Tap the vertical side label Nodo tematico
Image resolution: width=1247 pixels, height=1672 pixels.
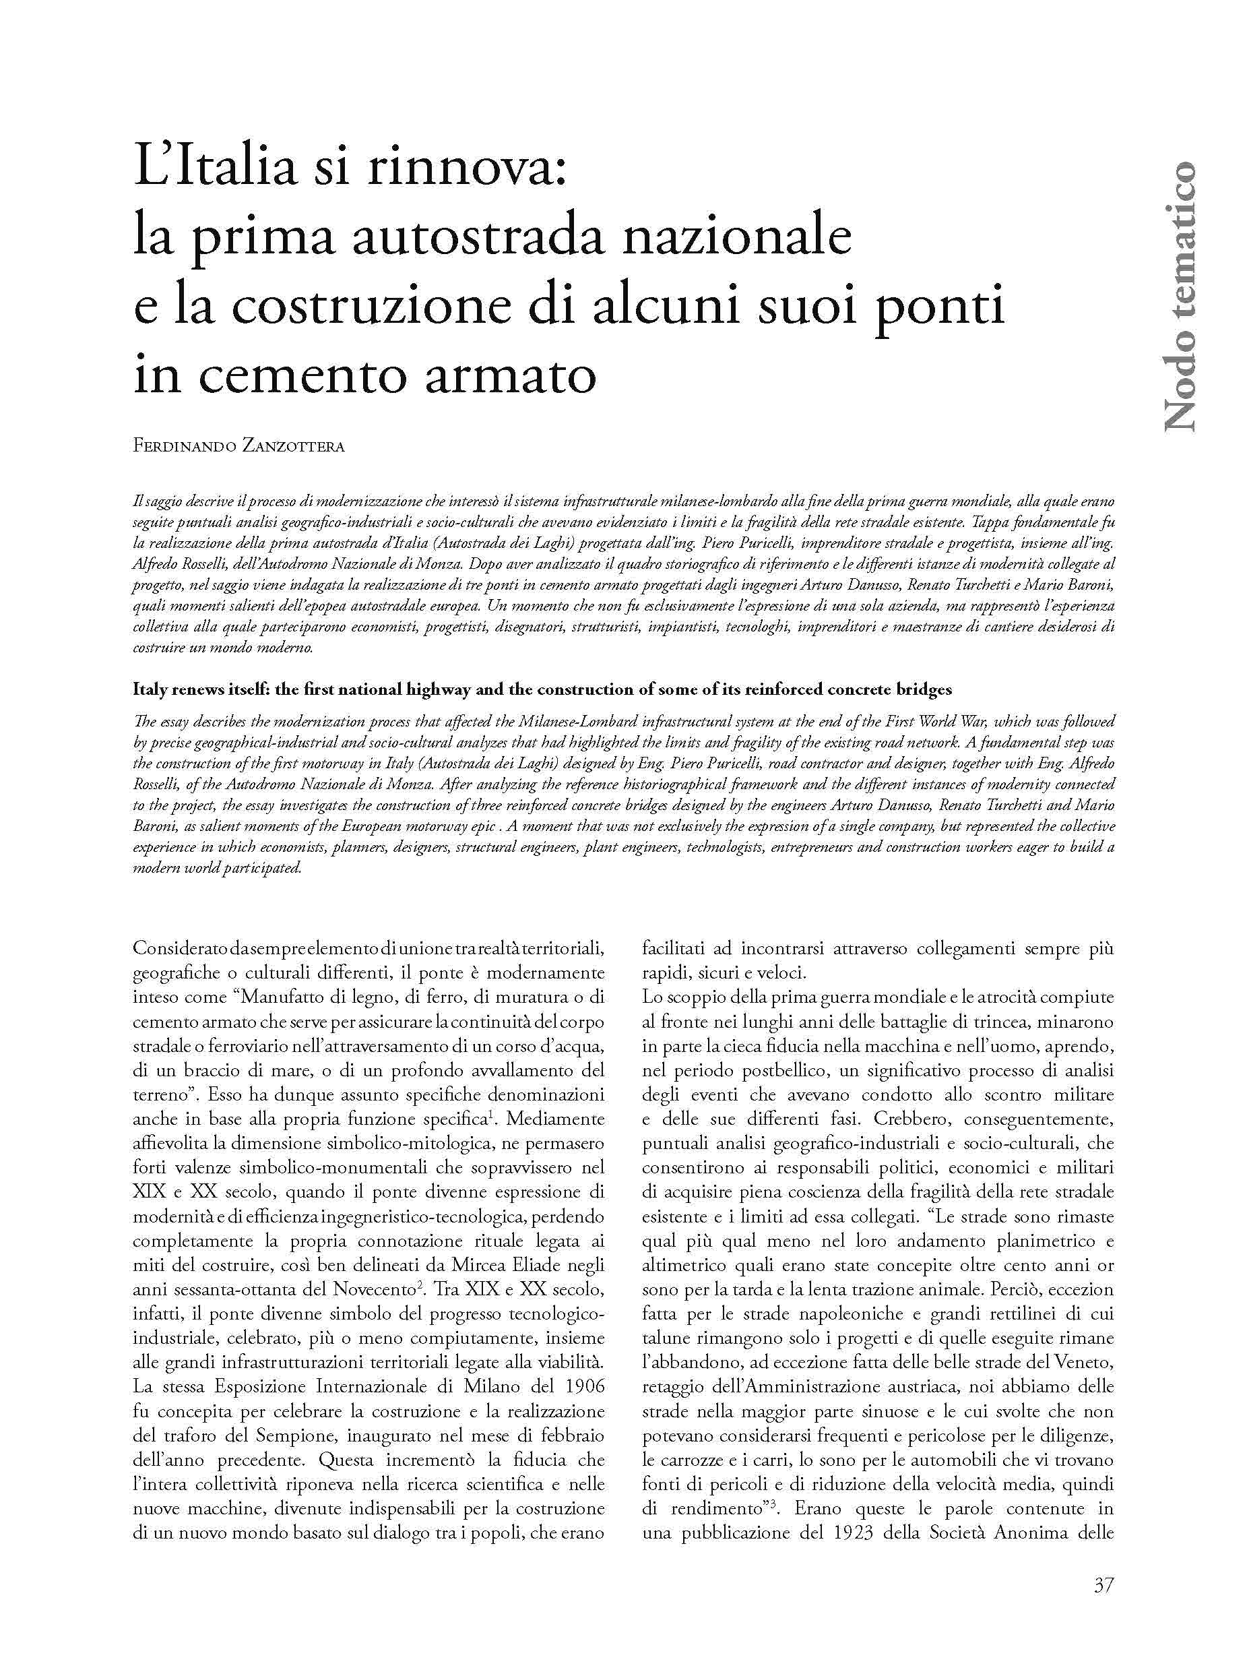[1178, 296]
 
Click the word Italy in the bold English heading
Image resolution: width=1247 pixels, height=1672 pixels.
[150, 689]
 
